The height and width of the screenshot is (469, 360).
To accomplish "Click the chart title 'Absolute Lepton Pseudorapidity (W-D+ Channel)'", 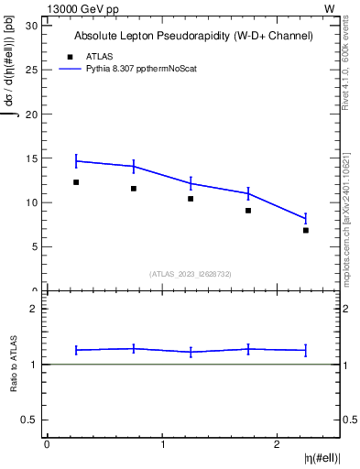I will point(193,36).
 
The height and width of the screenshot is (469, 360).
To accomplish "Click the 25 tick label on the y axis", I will point(34,69).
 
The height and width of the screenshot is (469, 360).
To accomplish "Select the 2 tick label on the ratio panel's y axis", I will point(38,309).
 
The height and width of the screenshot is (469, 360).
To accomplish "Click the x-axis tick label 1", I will point(162,444).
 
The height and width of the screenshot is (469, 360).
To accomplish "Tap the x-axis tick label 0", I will point(47,444).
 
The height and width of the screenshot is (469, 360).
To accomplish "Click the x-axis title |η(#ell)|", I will point(321,457).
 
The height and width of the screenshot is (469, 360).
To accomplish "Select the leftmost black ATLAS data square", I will point(76,182).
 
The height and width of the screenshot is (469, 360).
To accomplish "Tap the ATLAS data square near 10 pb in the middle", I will point(191,199).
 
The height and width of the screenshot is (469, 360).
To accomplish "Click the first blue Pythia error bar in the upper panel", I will point(76,161).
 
